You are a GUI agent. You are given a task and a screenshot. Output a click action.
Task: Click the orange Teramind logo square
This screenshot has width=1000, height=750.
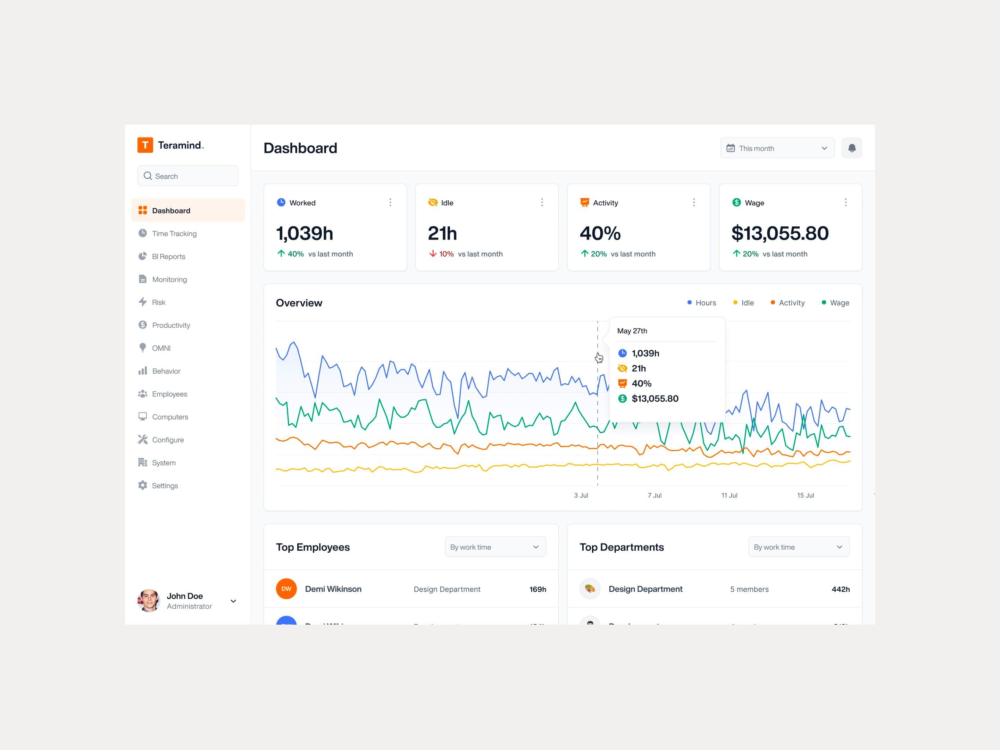pos(145,145)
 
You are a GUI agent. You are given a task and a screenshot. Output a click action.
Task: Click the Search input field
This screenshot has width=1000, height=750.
pos(187,176)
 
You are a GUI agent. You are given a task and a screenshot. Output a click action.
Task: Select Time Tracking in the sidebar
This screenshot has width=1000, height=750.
pos(174,233)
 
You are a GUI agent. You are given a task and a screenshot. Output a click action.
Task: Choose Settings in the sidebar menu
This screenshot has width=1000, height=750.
pos(165,485)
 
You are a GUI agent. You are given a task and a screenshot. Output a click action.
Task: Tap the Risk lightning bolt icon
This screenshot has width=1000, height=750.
pos(142,302)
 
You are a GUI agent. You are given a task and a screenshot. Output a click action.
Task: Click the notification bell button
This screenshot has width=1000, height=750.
pos(851,148)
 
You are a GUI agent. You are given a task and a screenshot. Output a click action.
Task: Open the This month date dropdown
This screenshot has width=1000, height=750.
pos(777,148)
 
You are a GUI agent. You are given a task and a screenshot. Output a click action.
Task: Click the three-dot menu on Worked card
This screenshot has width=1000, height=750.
pos(390,202)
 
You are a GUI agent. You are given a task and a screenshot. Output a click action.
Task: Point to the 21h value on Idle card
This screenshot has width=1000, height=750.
pos(442,233)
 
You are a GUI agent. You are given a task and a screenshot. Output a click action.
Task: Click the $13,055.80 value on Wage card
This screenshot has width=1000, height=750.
pos(780,233)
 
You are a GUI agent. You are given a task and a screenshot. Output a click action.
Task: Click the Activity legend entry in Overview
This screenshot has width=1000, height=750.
pos(787,303)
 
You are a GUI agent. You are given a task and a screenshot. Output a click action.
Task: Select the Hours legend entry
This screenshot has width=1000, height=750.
pos(702,303)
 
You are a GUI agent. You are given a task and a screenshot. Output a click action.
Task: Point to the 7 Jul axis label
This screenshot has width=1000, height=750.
pos(654,495)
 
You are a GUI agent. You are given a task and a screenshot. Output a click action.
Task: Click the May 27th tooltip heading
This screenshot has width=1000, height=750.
pos(632,331)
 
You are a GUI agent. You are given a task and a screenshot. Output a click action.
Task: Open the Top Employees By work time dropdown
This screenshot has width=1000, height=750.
pos(495,547)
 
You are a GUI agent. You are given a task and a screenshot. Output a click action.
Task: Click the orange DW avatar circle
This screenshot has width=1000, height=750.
pos(286,589)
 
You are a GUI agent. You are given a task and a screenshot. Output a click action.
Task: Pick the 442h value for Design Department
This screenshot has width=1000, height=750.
pos(840,589)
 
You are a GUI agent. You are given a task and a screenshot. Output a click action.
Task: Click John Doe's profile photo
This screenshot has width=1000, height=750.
pos(149,600)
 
